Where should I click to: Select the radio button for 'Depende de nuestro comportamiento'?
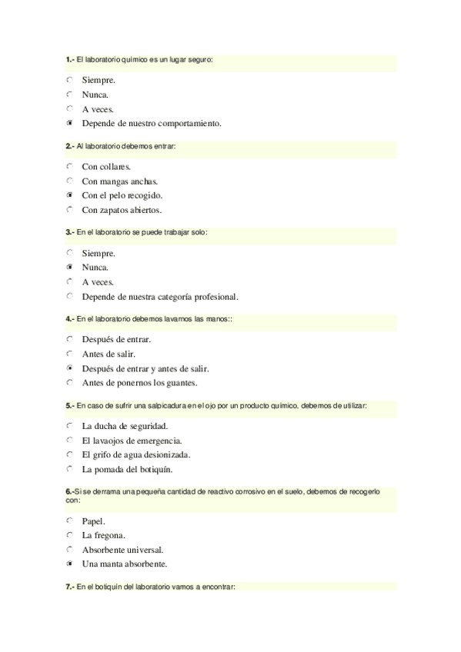(x=70, y=123)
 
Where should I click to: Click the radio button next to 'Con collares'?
(x=70, y=166)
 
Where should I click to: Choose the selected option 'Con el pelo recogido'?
(x=70, y=195)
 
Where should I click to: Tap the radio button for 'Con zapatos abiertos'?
(x=70, y=209)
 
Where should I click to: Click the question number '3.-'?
(x=70, y=231)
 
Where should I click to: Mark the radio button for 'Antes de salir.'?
(x=70, y=354)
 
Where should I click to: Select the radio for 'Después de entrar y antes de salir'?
(x=70, y=368)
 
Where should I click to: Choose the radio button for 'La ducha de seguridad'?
(x=70, y=426)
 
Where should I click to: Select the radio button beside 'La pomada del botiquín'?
(x=70, y=469)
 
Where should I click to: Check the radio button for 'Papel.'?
(x=70, y=521)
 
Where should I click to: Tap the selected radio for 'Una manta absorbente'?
(x=70, y=564)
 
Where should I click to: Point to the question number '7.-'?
(x=70, y=587)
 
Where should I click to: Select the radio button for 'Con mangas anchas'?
(x=70, y=181)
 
